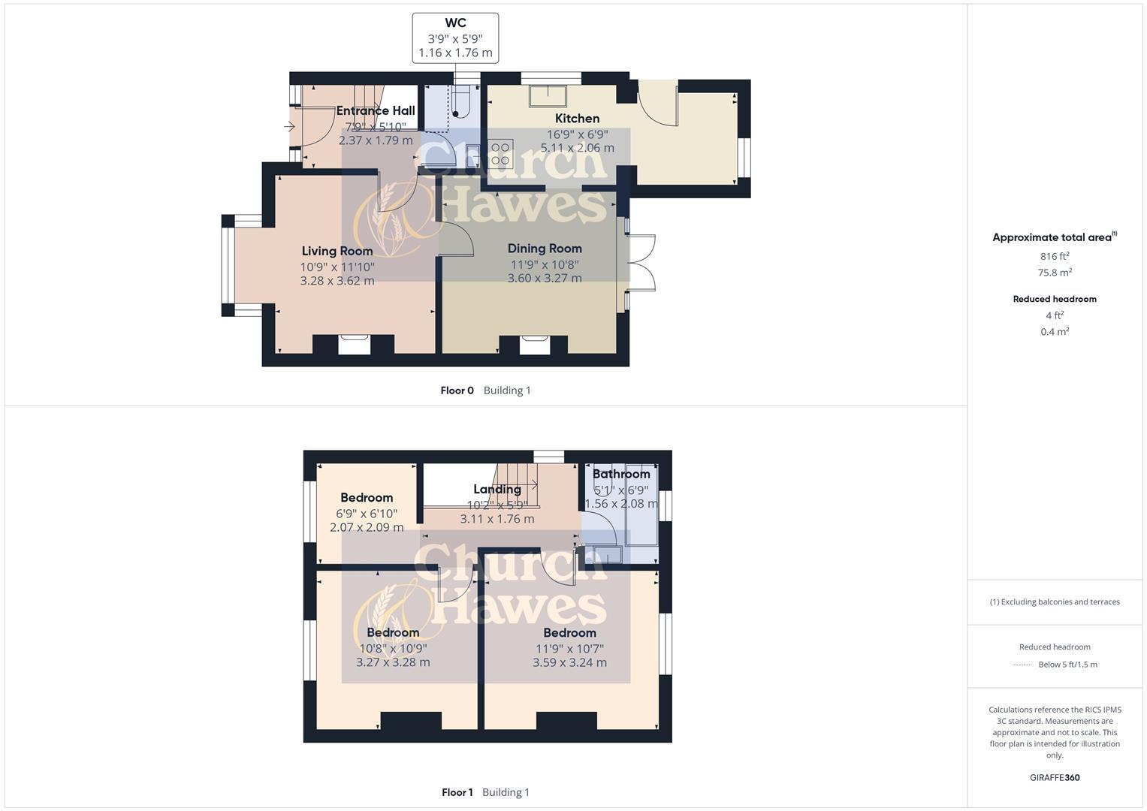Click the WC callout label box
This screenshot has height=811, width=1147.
455,38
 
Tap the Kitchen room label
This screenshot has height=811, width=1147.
577,119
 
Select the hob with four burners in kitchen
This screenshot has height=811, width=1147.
500,154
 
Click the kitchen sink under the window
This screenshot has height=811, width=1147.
548,95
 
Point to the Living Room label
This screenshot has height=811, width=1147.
337,251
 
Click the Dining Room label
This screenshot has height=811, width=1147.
545,249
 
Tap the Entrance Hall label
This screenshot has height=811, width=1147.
376,110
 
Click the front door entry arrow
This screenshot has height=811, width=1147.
289,127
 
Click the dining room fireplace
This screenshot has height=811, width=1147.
535,344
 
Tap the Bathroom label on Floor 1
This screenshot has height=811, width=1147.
621,474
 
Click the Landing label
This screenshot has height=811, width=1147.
497,490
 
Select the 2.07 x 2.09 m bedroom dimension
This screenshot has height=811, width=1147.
367,528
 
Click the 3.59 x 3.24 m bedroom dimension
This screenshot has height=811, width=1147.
569,662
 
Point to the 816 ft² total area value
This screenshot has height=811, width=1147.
1055,256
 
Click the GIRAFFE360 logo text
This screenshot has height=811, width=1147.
1055,777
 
